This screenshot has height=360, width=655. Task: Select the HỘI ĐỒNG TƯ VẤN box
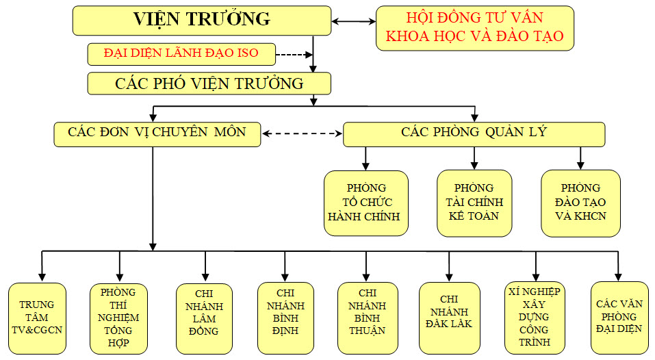click(x=474, y=27)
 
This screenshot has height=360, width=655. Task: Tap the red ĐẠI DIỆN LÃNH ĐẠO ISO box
click(x=181, y=53)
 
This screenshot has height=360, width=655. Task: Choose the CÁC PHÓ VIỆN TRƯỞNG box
click(x=209, y=83)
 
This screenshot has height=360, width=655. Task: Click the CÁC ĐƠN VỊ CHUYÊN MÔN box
click(x=157, y=133)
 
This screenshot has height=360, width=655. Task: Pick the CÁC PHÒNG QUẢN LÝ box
click(x=474, y=133)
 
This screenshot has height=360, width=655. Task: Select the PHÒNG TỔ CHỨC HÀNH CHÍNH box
click(x=366, y=203)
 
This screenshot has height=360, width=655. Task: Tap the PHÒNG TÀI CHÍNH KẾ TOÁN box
click(x=474, y=203)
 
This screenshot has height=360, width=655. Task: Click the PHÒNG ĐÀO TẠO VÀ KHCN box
click(x=580, y=203)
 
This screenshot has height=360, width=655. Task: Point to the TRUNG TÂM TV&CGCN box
click(x=37, y=318)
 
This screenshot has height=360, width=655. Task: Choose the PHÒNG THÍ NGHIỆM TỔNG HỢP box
click(x=118, y=318)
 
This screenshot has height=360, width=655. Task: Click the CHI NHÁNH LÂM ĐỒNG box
click(x=204, y=318)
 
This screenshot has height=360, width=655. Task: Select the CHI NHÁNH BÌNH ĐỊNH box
click(x=285, y=318)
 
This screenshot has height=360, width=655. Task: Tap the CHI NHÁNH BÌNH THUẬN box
click(x=366, y=318)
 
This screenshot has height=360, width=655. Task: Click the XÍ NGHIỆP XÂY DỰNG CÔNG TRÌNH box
click(x=535, y=318)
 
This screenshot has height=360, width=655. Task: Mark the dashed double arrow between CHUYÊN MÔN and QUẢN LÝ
click(x=302, y=133)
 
